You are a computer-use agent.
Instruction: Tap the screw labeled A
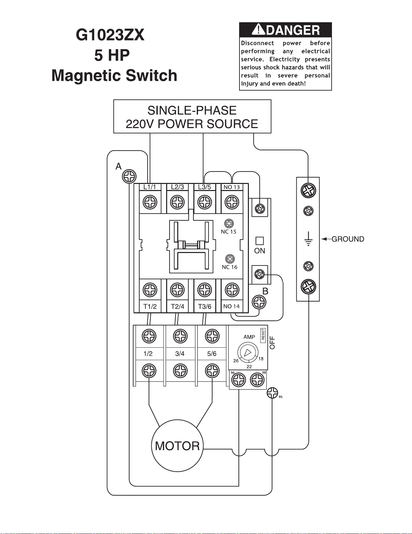click(129, 176)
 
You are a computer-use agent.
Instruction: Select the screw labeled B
click(259, 302)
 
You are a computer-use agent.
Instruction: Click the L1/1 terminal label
click(150, 187)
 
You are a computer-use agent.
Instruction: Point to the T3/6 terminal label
click(205, 307)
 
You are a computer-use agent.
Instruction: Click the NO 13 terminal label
click(231, 187)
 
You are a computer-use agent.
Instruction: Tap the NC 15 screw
click(229, 223)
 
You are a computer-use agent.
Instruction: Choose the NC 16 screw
click(230, 259)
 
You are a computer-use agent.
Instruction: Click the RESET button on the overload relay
click(263, 335)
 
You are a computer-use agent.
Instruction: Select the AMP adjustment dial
click(248, 353)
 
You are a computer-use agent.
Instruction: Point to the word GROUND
click(348, 239)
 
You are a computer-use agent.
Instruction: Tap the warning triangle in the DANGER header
click(259, 29)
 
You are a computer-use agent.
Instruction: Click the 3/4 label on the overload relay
click(180, 354)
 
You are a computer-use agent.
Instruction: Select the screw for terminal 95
click(272, 393)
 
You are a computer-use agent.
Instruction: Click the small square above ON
click(260, 241)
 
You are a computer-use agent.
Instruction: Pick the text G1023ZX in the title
click(110, 35)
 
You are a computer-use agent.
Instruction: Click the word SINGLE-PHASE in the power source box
click(192, 111)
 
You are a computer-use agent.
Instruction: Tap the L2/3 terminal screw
click(177, 202)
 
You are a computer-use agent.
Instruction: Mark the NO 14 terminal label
click(231, 307)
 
